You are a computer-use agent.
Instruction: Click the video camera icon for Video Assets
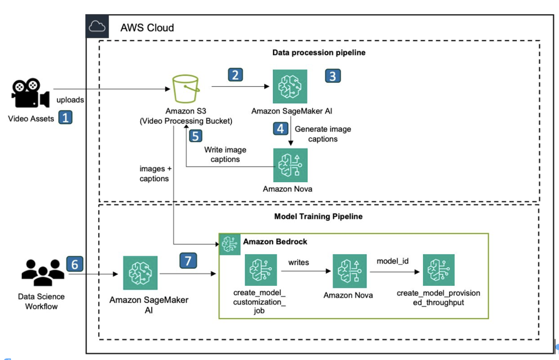(30, 94)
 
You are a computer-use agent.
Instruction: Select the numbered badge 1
(66, 117)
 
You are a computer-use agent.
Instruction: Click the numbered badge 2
(235, 75)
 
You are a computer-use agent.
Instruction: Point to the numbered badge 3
(332, 75)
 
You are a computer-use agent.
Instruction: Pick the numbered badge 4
(281, 129)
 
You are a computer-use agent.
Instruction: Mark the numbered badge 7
(188, 261)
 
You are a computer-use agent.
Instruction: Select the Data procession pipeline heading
(319, 53)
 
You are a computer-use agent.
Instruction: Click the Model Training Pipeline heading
(318, 217)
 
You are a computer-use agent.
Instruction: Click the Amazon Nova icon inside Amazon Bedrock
(348, 270)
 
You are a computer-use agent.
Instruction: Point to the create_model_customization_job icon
(257, 270)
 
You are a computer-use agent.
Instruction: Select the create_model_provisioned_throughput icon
(438, 270)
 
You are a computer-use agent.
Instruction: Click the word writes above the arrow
(299, 262)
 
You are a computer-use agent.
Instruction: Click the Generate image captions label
(323, 134)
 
